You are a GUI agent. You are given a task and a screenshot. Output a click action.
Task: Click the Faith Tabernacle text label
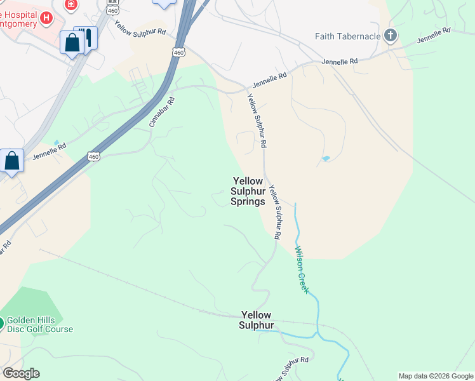[347, 36]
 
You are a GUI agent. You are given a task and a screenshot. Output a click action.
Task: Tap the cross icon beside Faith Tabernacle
[391, 36]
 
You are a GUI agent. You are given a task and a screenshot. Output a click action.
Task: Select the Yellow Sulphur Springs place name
[247, 191]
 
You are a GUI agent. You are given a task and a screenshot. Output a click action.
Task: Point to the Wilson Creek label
[301, 269]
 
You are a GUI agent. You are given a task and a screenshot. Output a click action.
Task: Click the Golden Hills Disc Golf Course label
[40, 324]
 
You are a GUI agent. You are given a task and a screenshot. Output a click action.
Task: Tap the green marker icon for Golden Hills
[1, 323]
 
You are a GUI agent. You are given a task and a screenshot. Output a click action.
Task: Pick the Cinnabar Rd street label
[162, 112]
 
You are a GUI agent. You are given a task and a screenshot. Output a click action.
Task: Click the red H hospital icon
[45, 18]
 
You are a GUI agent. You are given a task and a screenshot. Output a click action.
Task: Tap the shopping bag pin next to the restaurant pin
[72, 43]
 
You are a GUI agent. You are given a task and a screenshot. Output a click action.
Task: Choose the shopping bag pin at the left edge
[12, 161]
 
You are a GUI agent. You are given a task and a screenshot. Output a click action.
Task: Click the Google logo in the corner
[21, 373]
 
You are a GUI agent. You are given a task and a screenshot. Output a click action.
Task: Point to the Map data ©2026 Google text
[436, 376]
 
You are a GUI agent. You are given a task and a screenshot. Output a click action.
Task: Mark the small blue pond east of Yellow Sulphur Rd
[326, 158]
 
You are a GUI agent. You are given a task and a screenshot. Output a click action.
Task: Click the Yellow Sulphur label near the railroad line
[256, 320]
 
